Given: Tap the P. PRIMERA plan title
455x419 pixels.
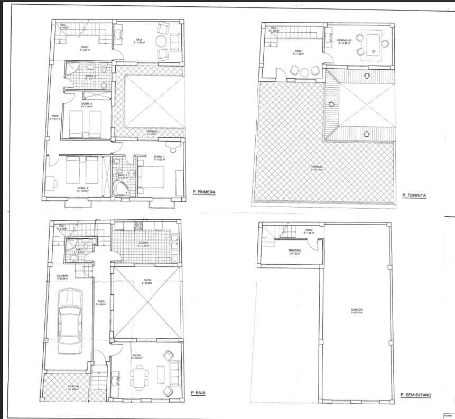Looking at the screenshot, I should tap(204, 192).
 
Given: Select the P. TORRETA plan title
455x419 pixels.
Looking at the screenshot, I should tap(414, 195).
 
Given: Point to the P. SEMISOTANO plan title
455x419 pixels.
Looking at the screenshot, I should tap(417, 395).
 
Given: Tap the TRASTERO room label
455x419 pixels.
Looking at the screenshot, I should tap(294, 250).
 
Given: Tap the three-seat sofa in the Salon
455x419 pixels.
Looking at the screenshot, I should tap(174, 373).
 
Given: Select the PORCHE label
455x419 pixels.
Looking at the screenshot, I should tap(74, 386).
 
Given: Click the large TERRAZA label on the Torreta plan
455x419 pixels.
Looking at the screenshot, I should tap(317, 167).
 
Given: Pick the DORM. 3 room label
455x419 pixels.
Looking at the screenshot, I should tap(87, 104).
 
